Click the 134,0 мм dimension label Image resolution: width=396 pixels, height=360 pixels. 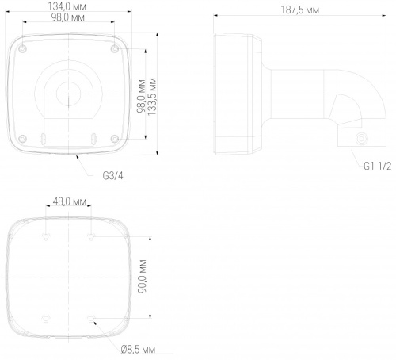(67, 6)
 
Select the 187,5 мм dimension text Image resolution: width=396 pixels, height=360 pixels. (300, 10)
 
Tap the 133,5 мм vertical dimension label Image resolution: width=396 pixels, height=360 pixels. (152, 97)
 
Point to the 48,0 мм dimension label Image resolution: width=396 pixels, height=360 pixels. (70, 201)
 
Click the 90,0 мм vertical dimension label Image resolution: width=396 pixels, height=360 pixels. (143, 276)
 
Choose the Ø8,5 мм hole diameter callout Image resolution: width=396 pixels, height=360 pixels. (138, 350)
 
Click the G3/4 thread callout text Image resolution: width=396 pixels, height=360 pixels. (112, 176)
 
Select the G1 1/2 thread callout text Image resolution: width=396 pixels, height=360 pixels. (377, 166)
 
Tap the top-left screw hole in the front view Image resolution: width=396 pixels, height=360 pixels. (23, 48)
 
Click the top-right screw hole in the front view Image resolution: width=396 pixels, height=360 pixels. (115, 48)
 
